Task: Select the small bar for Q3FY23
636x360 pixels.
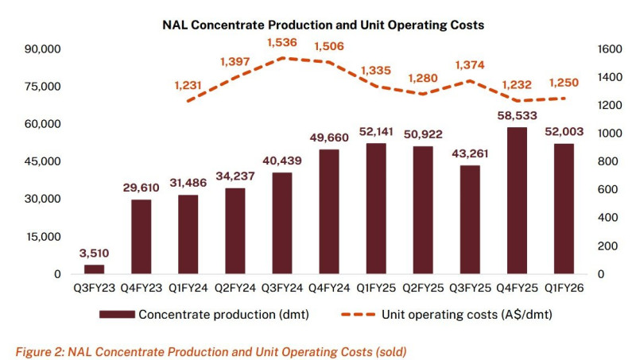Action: [x=94, y=269]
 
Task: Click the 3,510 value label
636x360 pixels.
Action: [x=94, y=254]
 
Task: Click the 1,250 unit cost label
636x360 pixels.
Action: [x=565, y=83]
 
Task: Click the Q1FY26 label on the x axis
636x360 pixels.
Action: [x=558, y=290]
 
